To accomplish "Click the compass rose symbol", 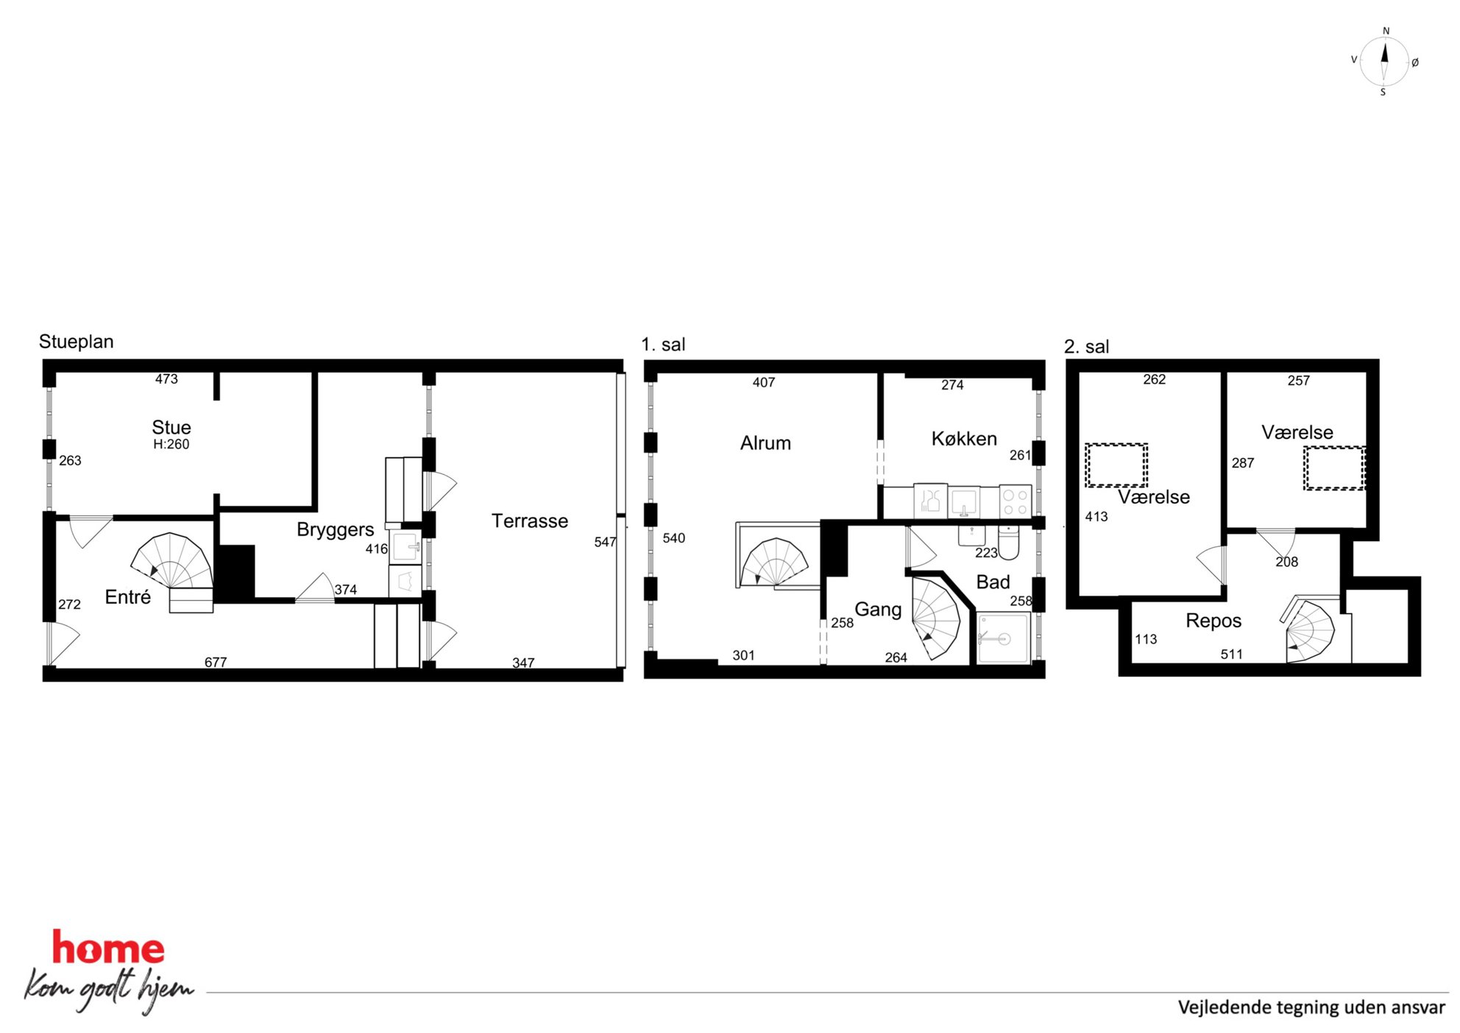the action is click(1383, 62).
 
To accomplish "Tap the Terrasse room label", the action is click(530, 521).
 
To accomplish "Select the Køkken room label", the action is click(964, 439).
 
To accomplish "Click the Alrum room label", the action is click(765, 443).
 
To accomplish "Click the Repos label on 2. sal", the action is click(1213, 621).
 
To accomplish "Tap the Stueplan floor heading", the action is click(77, 342).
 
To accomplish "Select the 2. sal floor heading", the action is click(1087, 347).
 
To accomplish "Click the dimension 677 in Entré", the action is click(216, 662).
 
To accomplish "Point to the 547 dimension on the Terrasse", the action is click(605, 542).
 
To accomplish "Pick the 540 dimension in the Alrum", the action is click(673, 538).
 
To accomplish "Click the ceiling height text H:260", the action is click(171, 445).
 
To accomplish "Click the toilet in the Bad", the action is click(1009, 542).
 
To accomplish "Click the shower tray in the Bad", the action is click(1004, 638).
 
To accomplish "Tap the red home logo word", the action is click(108, 948).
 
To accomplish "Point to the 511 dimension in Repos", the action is click(1231, 655).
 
